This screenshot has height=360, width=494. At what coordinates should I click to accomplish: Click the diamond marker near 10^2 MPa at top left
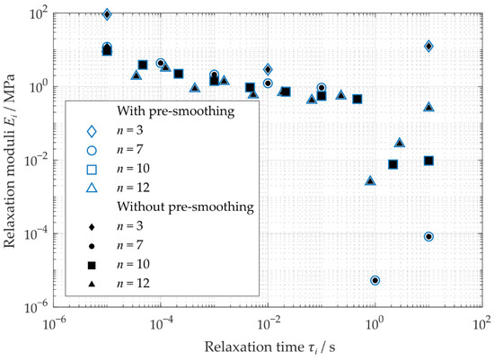coord(107,14)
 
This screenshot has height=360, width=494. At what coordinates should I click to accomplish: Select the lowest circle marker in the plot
coord(375,280)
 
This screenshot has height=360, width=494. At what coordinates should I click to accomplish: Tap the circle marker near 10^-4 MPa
coord(428,237)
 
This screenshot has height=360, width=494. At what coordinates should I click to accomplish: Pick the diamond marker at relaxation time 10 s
coord(428,46)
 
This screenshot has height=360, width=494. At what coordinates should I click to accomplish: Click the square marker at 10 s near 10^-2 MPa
coord(428,161)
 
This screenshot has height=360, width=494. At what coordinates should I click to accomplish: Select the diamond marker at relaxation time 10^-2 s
coord(268,69)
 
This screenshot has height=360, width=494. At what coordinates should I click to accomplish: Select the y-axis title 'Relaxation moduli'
coord(13,160)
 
